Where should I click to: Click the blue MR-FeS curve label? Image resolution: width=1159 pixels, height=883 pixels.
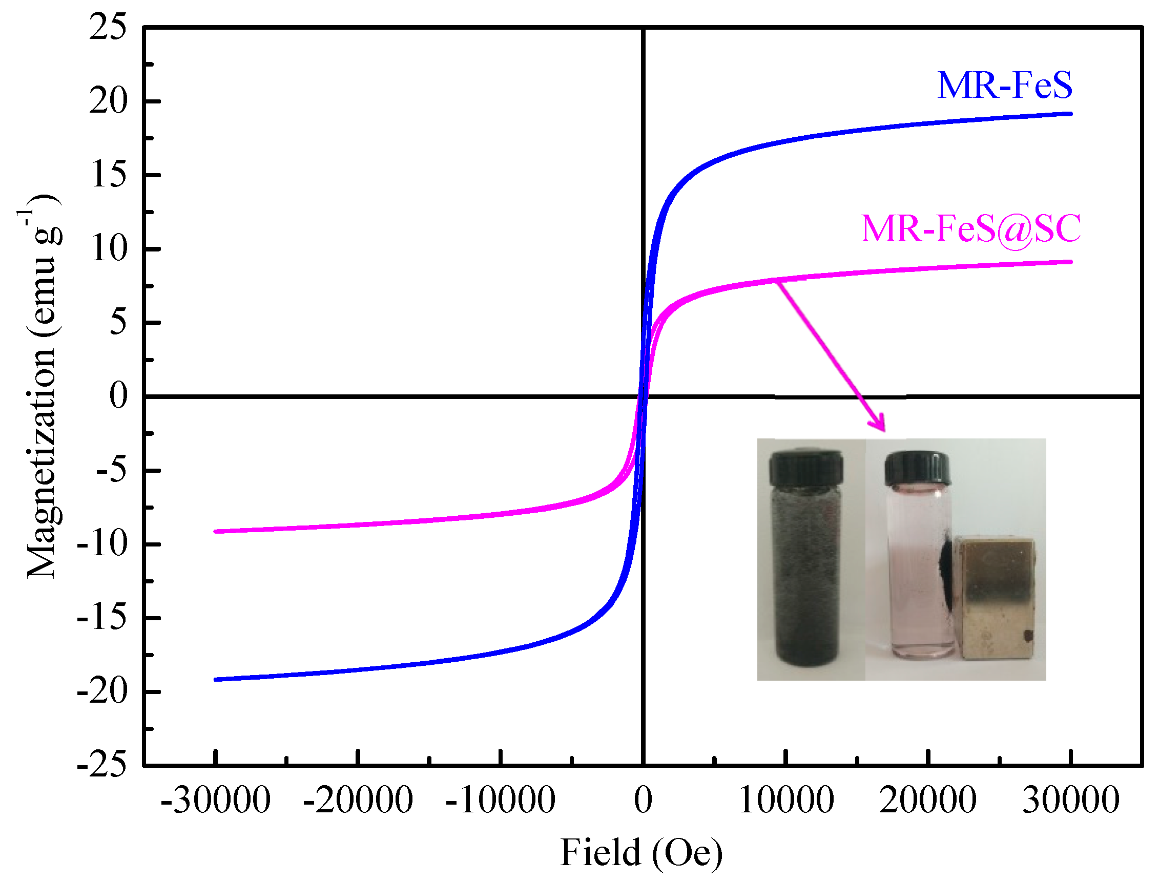1004,85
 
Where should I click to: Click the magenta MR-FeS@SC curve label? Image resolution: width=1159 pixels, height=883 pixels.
971,229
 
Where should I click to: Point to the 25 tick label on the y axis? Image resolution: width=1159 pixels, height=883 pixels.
108,27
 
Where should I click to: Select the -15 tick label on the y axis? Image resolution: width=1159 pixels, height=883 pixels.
102,618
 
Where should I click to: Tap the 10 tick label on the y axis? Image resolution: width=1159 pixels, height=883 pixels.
109,248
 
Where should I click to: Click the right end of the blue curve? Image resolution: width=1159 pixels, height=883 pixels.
1070,114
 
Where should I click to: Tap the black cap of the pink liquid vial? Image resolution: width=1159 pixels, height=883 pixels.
917,468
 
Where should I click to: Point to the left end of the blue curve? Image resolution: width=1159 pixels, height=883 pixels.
216,680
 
